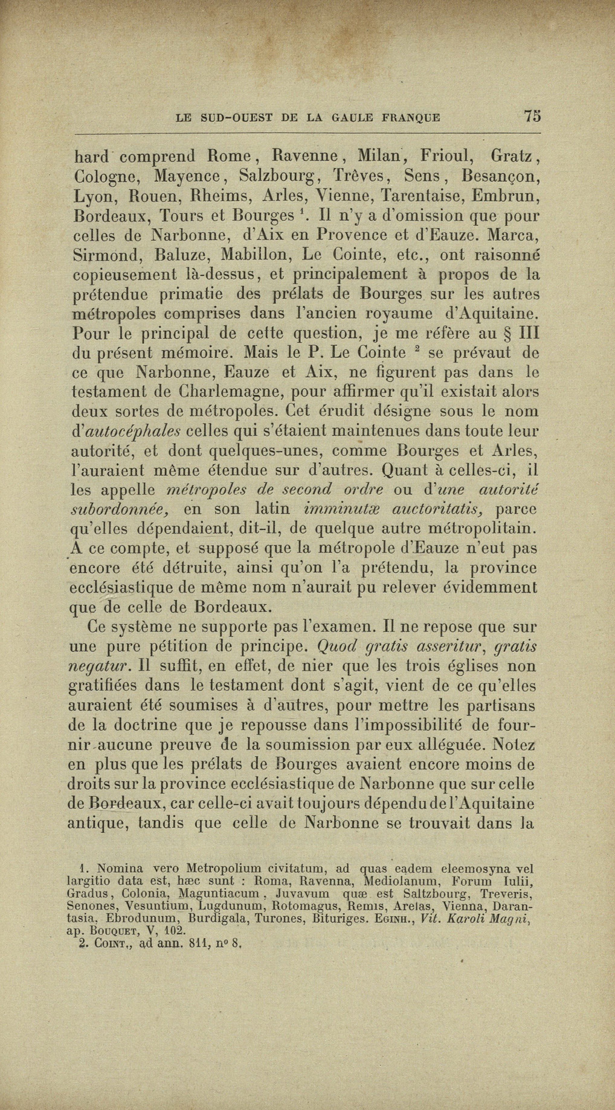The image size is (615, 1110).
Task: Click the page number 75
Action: coord(532,116)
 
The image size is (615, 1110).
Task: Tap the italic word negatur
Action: coord(100,666)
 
